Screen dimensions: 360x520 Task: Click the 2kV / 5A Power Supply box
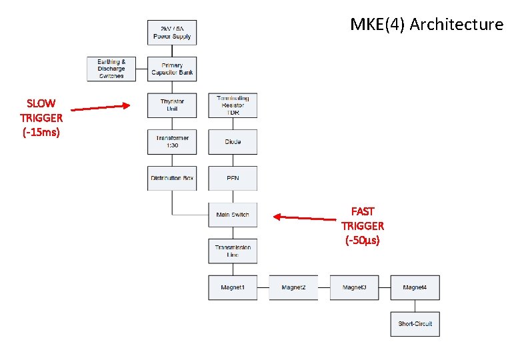click(x=172, y=33)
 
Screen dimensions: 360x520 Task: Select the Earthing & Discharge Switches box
click(x=111, y=69)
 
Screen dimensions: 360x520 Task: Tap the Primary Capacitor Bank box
click(x=172, y=69)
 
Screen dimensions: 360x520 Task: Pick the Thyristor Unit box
click(x=172, y=105)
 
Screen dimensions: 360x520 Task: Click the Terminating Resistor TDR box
click(x=233, y=105)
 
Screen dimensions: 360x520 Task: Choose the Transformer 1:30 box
click(x=172, y=142)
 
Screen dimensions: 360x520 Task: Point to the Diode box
click(x=233, y=142)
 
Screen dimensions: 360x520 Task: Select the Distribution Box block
click(x=172, y=178)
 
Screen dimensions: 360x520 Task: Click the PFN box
click(x=233, y=178)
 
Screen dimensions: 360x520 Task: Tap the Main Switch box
click(x=233, y=215)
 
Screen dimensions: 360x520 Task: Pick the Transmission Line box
click(x=233, y=251)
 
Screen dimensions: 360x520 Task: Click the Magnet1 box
click(x=233, y=287)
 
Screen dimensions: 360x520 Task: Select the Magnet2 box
click(x=293, y=287)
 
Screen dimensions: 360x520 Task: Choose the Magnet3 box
click(x=354, y=287)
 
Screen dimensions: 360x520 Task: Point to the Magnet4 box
click(x=415, y=287)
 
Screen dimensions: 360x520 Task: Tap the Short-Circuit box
click(x=415, y=324)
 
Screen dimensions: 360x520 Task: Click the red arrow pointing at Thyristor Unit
click(x=101, y=107)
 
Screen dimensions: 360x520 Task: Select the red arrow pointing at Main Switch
click(x=307, y=217)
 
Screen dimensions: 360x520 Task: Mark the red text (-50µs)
click(x=362, y=240)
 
